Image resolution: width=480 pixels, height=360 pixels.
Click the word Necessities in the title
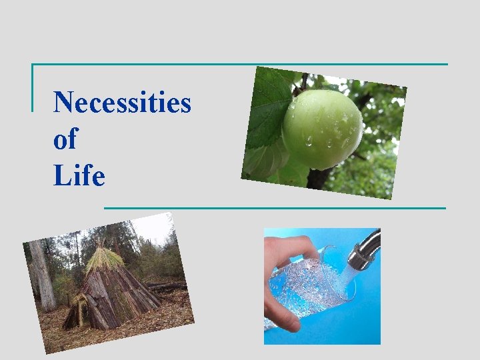pyautogui.click(x=122, y=103)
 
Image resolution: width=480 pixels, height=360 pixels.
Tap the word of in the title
pyautogui.click(x=65, y=139)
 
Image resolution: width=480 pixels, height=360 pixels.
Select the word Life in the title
pyautogui.click(x=79, y=176)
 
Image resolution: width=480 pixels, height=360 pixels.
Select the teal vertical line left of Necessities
pyautogui.click(x=32, y=87)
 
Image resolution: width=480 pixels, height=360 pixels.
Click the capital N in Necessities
pyautogui.click(x=63, y=103)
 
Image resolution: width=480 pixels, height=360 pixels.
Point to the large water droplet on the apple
pyautogui.click(x=308, y=141)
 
